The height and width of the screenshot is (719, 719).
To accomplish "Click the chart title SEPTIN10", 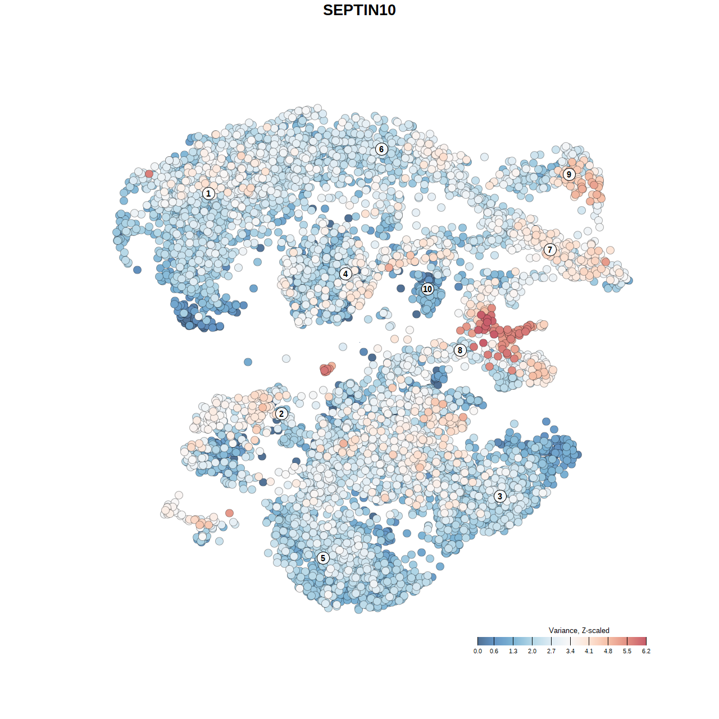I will coord(359,10).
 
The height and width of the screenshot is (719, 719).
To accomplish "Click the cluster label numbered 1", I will coord(208,193).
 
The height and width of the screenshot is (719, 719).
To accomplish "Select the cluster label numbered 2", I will coord(281,414).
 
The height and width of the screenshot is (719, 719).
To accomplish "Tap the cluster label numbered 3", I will coord(500,496).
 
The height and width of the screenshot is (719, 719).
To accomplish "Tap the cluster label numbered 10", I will coord(427,289).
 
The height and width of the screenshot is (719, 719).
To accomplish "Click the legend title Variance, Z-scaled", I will coord(579,630).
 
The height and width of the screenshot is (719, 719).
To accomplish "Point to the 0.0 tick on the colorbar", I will coord(477,641).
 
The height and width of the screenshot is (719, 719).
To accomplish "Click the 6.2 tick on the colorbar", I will coord(646,641).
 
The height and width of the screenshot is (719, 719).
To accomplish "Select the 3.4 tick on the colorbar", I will coord(570,641).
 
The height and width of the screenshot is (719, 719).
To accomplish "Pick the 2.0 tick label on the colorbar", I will coord(532,651).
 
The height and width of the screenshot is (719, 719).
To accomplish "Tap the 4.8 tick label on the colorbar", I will coord(608,651).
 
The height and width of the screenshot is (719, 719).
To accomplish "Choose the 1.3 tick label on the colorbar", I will coord(513,651).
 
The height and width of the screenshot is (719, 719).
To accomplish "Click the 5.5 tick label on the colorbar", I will coord(627,651).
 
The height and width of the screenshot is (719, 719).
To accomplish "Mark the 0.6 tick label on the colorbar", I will coord(494,651).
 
